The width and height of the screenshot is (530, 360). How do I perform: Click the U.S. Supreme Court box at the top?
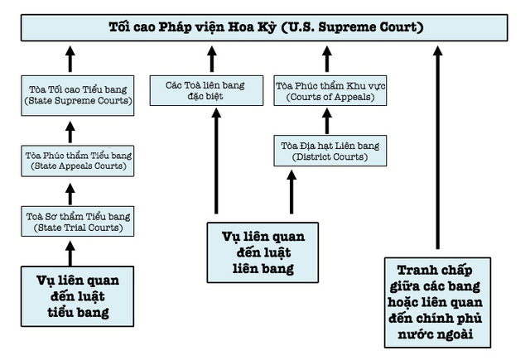coord(265,27)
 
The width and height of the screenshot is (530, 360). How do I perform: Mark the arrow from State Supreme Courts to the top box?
coord(70,60)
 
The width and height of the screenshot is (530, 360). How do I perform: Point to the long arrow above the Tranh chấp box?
coord(437,149)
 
